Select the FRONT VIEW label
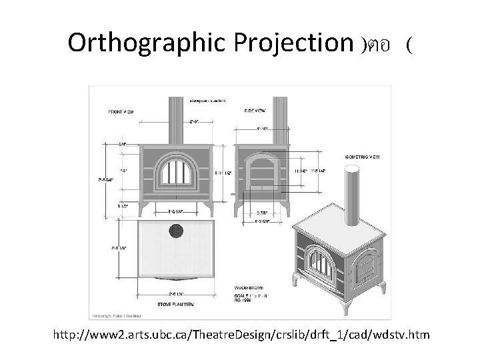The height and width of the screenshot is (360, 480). coord(121,111)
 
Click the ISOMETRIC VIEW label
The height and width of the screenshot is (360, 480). coord(362,157)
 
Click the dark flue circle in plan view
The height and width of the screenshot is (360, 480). coord(177,232)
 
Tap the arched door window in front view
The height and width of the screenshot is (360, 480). coord(177,175)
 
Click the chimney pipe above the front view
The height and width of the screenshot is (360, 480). coord(177,117)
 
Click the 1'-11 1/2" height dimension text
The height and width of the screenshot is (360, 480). coord(223,173)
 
